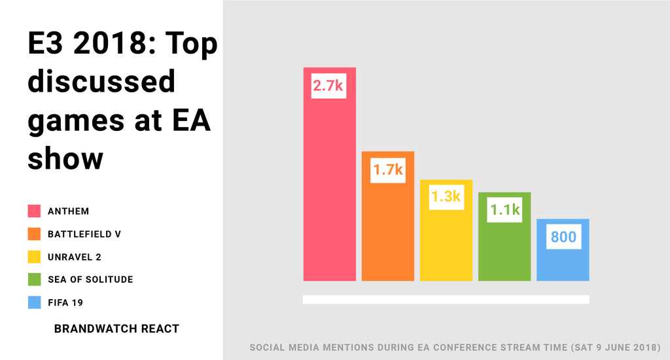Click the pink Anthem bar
click(x=329, y=190)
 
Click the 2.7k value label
click(x=328, y=86)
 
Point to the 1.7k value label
click(x=388, y=170)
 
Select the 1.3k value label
click(x=446, y=196)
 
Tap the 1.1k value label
click(x=504, y=209)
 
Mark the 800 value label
click(x=563, y=236)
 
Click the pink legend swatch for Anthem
click(x=34, y=211)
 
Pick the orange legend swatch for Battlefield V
click(x=34, y=234)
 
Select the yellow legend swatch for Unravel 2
click(x=34, y=257)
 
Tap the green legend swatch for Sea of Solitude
click(x=34, y=279)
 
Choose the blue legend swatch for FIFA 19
click(x=34, y=302)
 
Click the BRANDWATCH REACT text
click(x=116, y=329)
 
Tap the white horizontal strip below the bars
click(x=446, y=299)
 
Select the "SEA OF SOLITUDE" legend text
click(x=90, y=279)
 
